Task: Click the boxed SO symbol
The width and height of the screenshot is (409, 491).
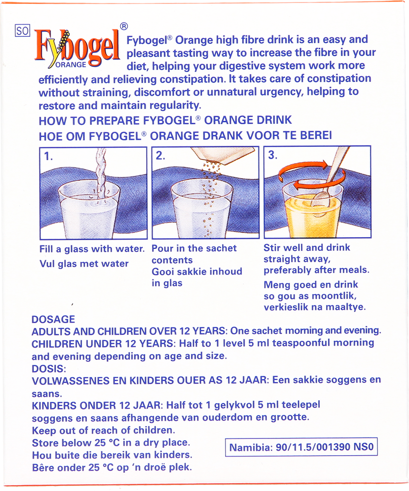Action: click(x=23, y=30)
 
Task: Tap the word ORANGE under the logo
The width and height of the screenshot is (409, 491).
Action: click(x=71, y=65)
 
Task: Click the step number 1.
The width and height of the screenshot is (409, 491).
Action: click(x=48, y=156)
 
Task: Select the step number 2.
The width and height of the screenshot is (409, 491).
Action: click(x=160, y=156)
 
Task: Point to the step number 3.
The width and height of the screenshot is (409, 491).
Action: click(x=273, y=155)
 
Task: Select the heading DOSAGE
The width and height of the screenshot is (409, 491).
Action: click(x=53, y=320)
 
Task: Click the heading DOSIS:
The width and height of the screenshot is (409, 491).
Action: click(x=49, y=369)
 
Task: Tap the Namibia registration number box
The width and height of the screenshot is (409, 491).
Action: click(x=302, y=447)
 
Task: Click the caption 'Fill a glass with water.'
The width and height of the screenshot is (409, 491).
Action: click(x=92, y=249)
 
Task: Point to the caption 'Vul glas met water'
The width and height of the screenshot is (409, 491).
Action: click(x=84, y=264)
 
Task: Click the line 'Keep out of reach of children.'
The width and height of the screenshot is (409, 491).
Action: click(x=103, y=430)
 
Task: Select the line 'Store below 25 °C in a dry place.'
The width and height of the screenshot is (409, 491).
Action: click(x=111, y=443)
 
